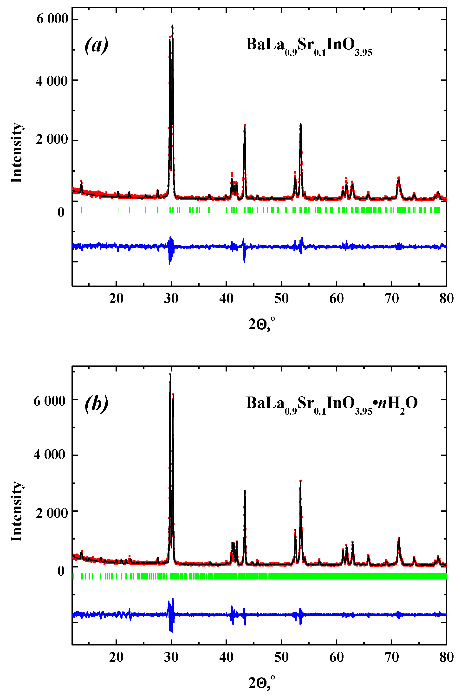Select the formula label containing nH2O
(x=332, y=404)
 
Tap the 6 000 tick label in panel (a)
(x=52, y=19)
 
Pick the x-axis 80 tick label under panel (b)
(x=446, y=657)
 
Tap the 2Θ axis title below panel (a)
(x=262, y=324)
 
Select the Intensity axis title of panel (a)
(x=17, y=153)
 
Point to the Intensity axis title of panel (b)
(x=17, y=512)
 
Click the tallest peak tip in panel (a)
(x=173, y=26)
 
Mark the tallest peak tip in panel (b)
(x=170, y=374)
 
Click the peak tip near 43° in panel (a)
(x=245, y=125)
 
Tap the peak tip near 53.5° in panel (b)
(x=300, y=480)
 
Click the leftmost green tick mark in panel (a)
(x=81, y=210)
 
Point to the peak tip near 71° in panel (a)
(x=399, y=178)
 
